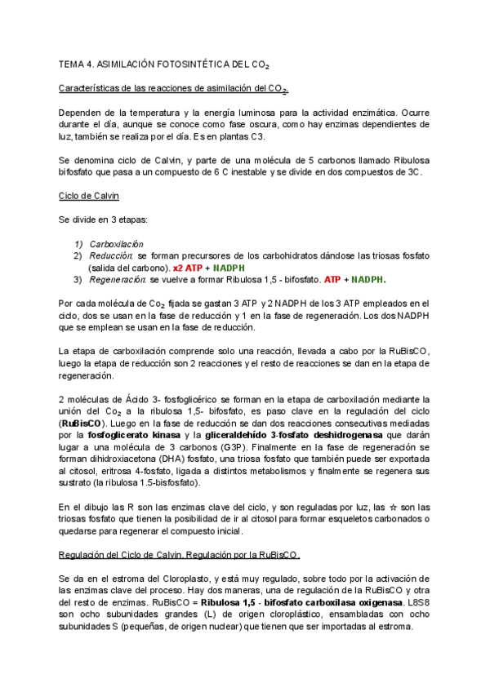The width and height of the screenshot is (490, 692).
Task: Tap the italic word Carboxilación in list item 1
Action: (116, 243)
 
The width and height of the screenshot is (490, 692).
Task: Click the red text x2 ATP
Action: (190, 267)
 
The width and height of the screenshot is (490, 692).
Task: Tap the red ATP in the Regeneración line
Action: (332, 279)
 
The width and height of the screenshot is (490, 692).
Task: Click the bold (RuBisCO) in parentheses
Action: (82, 424)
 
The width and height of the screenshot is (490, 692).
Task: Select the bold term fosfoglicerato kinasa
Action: (134, 437)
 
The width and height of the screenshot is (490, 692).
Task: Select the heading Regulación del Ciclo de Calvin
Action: (180, 556)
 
